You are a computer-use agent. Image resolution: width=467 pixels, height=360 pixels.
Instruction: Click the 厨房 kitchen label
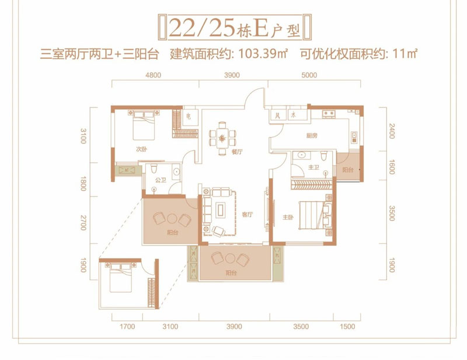tap(312, 135)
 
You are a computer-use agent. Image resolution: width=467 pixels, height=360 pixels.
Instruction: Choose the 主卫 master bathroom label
tap(313, 167)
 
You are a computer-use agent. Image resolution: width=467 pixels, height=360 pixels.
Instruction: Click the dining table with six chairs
tap(224, 136)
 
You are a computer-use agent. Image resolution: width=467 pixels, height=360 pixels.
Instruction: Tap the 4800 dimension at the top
tap(153, 75)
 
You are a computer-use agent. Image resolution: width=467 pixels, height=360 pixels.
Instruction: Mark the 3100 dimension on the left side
tap(83, 138)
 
